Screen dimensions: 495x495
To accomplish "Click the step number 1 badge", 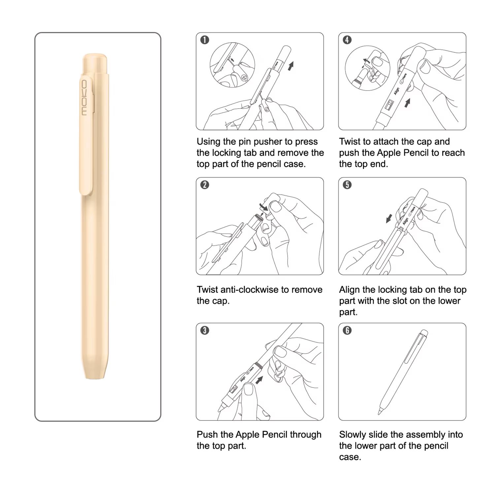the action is point(205,40).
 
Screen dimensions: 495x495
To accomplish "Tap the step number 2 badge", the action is point(205,185).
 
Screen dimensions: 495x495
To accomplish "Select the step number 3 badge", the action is point(205,330).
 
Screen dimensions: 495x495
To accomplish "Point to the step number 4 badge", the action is point(347,40).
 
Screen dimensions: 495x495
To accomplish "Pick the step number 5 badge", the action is point(347,185).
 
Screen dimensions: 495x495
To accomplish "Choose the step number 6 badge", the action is point(347,330).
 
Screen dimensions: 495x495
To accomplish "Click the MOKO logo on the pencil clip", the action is point(84,98).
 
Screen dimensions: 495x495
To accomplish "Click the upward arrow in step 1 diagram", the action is point(290,66).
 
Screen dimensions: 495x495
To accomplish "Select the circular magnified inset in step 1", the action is point(232,65).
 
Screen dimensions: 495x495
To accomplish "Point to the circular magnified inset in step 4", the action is point(368,68).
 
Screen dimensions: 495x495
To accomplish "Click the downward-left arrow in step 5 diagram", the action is point(389,218).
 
